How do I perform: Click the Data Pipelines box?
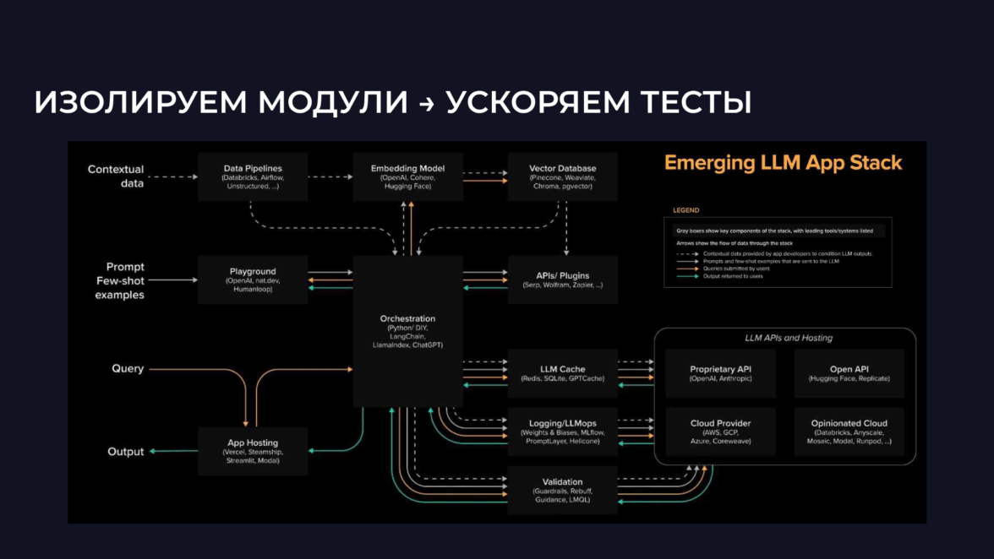click(252, 176)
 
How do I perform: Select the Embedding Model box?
click(407, 176)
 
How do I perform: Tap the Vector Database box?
click(563, 176)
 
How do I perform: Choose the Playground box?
click(252, 279)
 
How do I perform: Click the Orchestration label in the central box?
click(407, 318)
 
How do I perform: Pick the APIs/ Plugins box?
click(563, 279)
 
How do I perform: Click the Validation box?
click(563, 490)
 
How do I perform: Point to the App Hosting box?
click(252, 450)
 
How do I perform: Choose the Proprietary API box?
click(720, 373)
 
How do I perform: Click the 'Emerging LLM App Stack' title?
click(783, 163)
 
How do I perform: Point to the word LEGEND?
click(685, 210)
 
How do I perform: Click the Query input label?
click(128, 369)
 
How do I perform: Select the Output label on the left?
click(126, 452)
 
